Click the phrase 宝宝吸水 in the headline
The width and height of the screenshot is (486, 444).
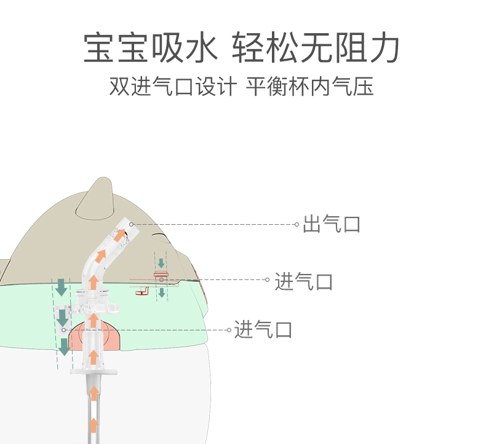151,49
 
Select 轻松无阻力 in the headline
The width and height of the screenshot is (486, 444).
316,49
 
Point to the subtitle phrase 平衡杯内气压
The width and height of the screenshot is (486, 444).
310,87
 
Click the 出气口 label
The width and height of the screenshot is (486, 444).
332,224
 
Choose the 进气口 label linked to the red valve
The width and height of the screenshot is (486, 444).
304,282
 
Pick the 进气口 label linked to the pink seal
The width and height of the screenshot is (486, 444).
263,330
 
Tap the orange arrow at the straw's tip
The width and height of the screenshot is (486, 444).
120,233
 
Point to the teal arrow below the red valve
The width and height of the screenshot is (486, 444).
161,292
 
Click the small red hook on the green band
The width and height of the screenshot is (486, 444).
143,292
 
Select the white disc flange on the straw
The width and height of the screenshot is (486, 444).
93,370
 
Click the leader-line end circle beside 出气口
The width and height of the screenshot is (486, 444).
297,224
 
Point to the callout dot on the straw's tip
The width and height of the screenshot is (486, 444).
131,224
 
